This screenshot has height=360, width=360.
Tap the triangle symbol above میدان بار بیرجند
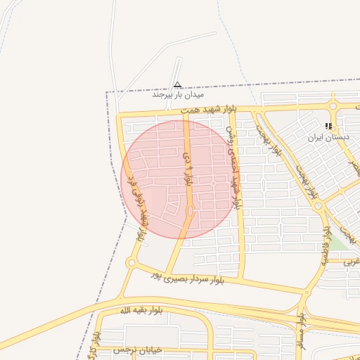pyautogui.click(x=177, y=83)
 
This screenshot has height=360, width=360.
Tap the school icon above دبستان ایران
pyautogui.click(x=328, y=126)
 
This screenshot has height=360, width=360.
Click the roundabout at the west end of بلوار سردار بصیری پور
pyautogui.click(x=131, y=264)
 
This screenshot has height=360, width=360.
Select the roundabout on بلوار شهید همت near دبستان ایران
pyautogui.click(x=333, y=107)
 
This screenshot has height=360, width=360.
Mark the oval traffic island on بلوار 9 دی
pyautogui.click(x=190, y=211)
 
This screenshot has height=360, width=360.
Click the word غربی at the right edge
pyautogui.click(x=352, y=260)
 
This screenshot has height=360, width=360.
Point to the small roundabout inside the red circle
pyautogui.click(x=213, y=184)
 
